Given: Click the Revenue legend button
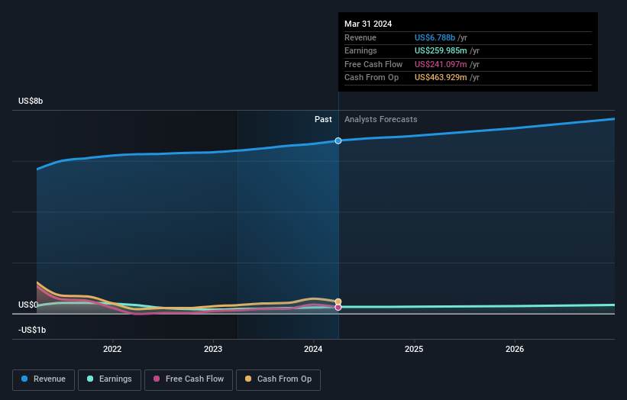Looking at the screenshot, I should (x=44, y=379).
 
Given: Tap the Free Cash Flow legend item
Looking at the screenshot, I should (x=188, y=379).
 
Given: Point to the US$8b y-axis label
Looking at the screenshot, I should (x=31, y=102).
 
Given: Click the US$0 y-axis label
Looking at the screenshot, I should (x=28, y=305).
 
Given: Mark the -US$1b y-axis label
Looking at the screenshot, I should (x=32, y=330).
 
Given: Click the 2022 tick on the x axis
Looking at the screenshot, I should (x=112, y=350).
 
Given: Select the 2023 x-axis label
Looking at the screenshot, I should (x=213, y=350).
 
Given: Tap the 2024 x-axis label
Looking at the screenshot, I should (x=314, y=350).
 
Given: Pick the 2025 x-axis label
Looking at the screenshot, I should (x=414, y=350).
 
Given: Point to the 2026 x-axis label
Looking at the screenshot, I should (x=515, y=350).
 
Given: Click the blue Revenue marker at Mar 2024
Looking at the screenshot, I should (x=338, y=140).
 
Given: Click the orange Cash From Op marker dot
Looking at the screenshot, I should (x=338, y=302).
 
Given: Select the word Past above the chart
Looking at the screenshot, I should (x=323, y=119).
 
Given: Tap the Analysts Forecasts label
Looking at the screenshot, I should (x=380, y=119).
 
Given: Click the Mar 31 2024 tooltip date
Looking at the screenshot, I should (x=368, y=24).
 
